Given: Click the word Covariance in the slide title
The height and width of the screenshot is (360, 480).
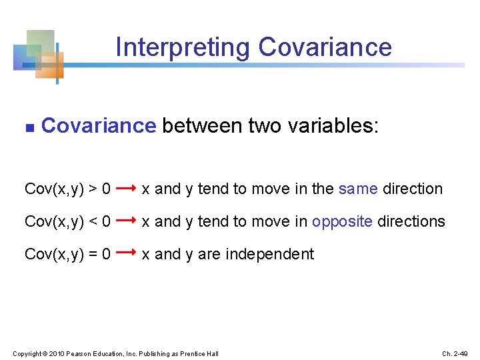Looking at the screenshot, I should tap(325, 47).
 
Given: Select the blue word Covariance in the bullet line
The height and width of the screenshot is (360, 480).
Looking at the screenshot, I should tap(98, 125).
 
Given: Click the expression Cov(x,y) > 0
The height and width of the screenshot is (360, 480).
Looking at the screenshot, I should tap(67, 189).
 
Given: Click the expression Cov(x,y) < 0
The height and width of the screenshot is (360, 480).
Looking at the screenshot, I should tap(67, 221).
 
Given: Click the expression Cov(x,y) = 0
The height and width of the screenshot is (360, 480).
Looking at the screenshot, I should tap(67, 254).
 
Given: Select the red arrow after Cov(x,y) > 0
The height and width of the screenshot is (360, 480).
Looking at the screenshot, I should tap(126, 189).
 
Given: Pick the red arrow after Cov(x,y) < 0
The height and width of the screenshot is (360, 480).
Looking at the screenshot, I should tap(126, 221).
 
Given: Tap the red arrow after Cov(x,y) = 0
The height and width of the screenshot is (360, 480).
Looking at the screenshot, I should tap(126, 253).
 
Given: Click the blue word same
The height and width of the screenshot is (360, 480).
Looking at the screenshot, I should tap(358, 189).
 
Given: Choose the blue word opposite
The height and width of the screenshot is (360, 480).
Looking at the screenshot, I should tap(342, 222).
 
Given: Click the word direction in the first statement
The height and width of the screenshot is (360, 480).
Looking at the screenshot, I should tap(412, 189).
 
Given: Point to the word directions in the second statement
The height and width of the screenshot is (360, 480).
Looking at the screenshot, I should tap(411, 221).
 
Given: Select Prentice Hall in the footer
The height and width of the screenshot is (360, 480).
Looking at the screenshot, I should tap(199, 353).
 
